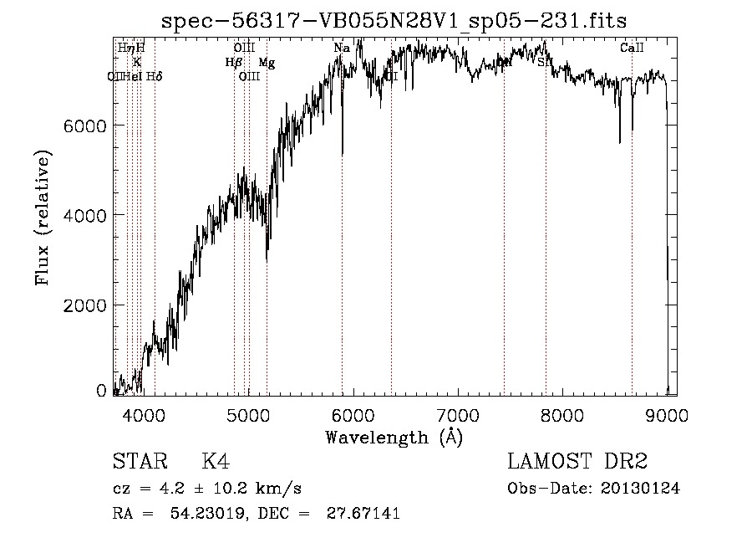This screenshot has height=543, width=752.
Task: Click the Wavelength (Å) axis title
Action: point(394,437)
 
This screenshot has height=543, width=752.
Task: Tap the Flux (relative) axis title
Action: point(43,218)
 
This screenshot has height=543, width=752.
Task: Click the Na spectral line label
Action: point(342,49)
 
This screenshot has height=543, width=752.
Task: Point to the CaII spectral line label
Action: point(632,49)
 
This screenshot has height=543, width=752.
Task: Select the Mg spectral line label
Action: point(266,63)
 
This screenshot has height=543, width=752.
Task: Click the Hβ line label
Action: point(234,63)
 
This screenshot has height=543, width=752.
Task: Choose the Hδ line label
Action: point(154,77)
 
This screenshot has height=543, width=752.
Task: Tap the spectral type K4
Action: point(216,462)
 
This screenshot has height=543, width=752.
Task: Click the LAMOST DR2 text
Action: point(577,462)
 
